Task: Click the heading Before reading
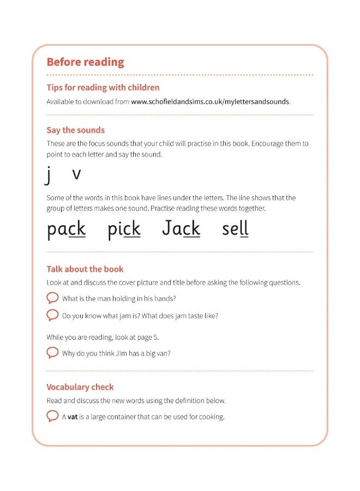[85, 62]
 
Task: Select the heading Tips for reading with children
[103, 87]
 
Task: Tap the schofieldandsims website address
[211, 101]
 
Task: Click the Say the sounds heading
[75, 130]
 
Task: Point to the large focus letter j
[49, 175]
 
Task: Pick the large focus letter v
[76, 174]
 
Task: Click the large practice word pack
[66, 229]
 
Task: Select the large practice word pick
[124, 229]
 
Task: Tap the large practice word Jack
[181, 228]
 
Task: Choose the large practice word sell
[235, 229]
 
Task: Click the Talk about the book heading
[85, 269]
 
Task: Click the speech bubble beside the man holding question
[52, 298]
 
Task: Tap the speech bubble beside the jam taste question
[52, 315]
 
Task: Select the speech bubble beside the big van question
[52, 353]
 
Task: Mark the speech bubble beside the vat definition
[52, 417]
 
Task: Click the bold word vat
[73, 417]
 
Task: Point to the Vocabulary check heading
[80, 387]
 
